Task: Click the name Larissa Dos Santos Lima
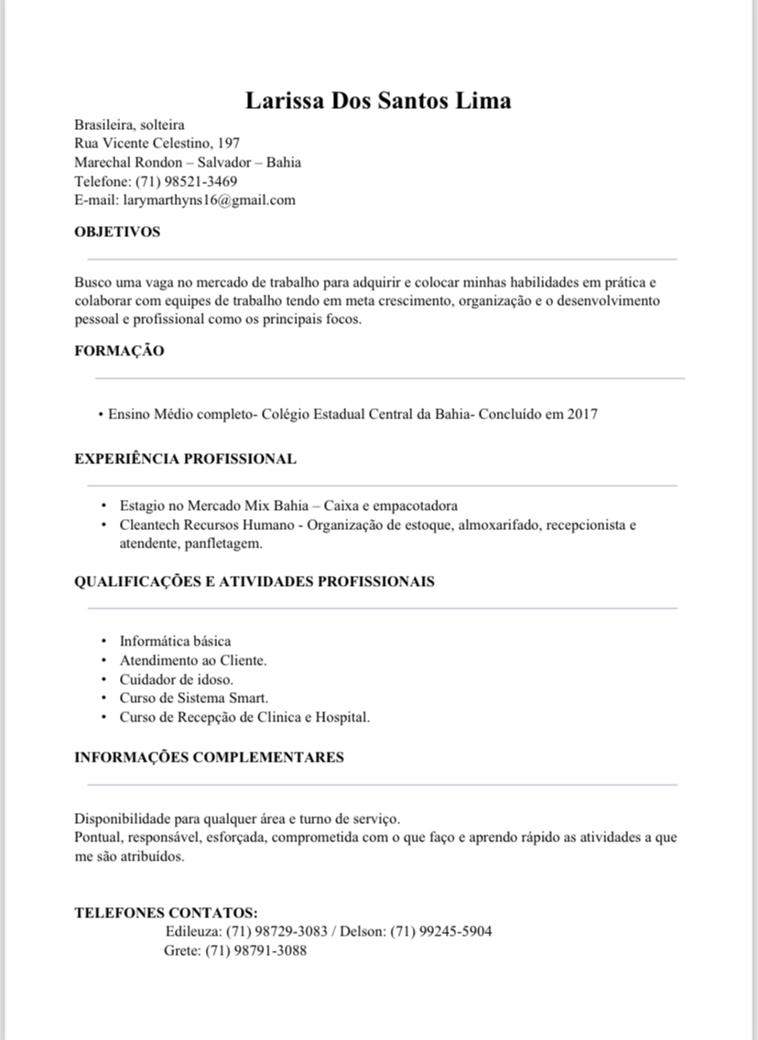[x=378, y=100]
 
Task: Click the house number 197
[x=229, y=144]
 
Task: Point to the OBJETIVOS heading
[x=117, y=232]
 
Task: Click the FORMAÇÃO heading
[x=119, y=351]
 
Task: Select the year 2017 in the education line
[x=582, y=414]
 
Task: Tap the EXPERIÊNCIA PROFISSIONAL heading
[x=185, y=459]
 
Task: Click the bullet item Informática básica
[x=175, y=641]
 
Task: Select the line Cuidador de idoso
[x=176, y=679]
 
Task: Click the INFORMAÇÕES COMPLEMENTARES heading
[x=209, y=757]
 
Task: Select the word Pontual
[x=98, y=837]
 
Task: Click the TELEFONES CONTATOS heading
[x=166, y=913]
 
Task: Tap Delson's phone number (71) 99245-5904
[x=441, y=932]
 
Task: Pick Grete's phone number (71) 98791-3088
[x=256, y=950]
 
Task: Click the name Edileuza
[x=193, y=932]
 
